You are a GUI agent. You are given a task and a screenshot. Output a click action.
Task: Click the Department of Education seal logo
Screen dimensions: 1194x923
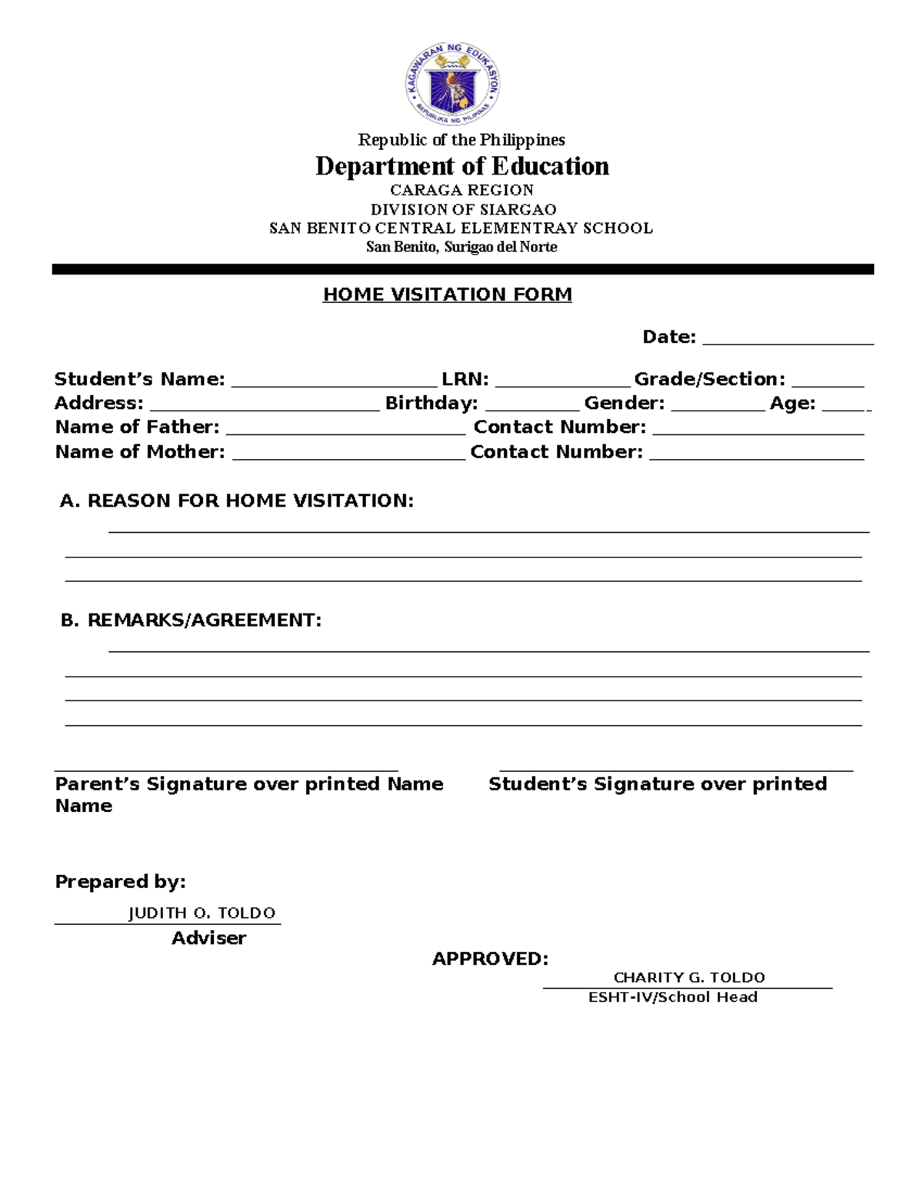click(453, 83)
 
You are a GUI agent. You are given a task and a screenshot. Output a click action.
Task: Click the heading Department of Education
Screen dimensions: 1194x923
click(461, 166)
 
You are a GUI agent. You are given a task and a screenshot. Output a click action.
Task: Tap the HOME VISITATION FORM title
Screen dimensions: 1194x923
click(447, 294)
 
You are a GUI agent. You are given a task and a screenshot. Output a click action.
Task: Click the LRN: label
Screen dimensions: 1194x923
click(465, 379)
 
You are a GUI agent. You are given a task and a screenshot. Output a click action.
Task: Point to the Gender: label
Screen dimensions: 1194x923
click(624, 403)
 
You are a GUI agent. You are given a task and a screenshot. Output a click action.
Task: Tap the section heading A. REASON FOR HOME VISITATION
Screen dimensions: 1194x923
click(236, 501)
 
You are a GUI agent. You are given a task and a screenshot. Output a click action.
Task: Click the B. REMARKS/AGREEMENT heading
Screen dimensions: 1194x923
click(191, 620)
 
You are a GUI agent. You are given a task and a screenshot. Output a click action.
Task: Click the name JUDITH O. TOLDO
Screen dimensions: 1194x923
click(202, 913)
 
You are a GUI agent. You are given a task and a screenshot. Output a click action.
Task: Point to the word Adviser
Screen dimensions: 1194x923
click(208, 938)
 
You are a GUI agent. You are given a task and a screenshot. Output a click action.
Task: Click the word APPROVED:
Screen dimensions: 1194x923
click(490, 959)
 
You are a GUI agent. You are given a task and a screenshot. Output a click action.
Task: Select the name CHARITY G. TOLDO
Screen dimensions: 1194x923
click(688, 977)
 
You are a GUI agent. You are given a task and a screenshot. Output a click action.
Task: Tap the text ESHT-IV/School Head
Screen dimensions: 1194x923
click(672, 997)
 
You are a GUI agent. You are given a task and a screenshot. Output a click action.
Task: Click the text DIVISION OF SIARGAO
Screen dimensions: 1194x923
click(463, 209)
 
